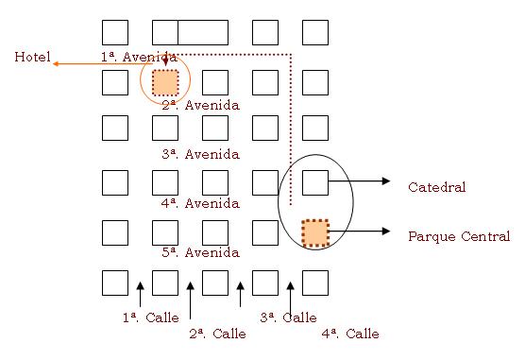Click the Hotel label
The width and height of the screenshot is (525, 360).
point(32,57)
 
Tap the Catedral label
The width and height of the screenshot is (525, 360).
point(436,187)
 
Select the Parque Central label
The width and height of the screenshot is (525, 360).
point(459,236)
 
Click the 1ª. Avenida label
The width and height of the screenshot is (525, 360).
point(139,57)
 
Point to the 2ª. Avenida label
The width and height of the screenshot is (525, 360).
point(201,105)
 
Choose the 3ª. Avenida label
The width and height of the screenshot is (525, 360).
point(201,154)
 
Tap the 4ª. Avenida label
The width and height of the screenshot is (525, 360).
point(201,203)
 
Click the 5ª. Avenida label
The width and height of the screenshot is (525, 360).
point(201,252)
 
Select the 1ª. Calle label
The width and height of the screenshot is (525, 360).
point(151,317)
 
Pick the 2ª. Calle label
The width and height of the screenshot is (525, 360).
point(217,334)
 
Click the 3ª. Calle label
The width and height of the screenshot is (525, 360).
point(288,317)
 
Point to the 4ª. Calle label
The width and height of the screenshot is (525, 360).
point(350,334)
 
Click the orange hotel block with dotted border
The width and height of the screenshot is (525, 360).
point(165,82)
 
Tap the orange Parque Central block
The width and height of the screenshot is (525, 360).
point(315,233)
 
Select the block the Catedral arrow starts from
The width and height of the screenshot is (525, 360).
point(315,182)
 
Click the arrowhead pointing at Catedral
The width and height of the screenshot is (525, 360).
point(386,181)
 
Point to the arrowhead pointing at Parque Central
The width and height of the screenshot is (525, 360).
point(386,231)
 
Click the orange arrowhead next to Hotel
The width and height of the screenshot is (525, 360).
point(57,63)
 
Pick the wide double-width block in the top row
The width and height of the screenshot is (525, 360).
point(190,32)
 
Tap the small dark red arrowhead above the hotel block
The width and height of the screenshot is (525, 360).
point(165,61)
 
